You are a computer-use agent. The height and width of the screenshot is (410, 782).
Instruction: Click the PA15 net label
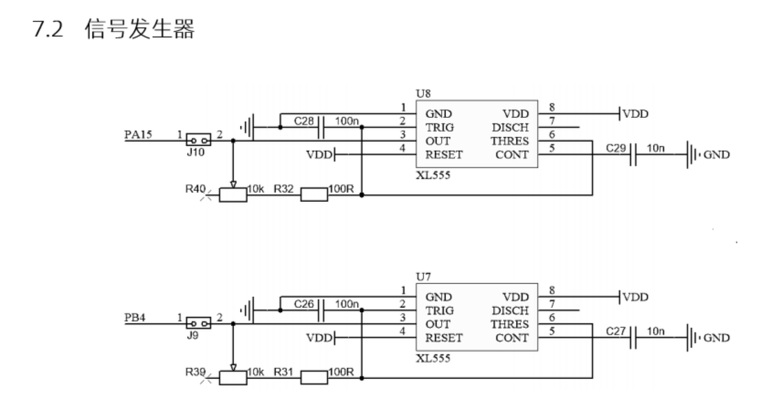point(139,135)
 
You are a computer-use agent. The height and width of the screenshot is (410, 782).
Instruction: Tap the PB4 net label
point(135,318)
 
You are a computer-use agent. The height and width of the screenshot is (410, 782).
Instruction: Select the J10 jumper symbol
point(197,141)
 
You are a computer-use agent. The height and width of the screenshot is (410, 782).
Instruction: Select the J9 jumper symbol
point(197,323)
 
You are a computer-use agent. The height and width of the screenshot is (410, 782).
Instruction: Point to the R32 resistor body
point(315,194)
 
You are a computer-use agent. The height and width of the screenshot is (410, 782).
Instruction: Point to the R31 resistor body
point(315,375)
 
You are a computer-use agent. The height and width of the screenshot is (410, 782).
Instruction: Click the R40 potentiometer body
point(234,194)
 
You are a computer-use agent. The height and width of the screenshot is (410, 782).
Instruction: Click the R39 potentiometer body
point(234,375)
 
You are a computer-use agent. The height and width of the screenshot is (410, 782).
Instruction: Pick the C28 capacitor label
point(305,120)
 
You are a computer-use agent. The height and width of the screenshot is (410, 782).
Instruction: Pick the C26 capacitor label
point(305,302)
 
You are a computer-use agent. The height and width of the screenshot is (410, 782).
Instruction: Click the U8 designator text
point(422,94)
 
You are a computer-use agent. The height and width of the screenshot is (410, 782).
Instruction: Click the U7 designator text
point(422,276)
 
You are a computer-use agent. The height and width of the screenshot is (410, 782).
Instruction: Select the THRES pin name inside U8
point(509,141)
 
